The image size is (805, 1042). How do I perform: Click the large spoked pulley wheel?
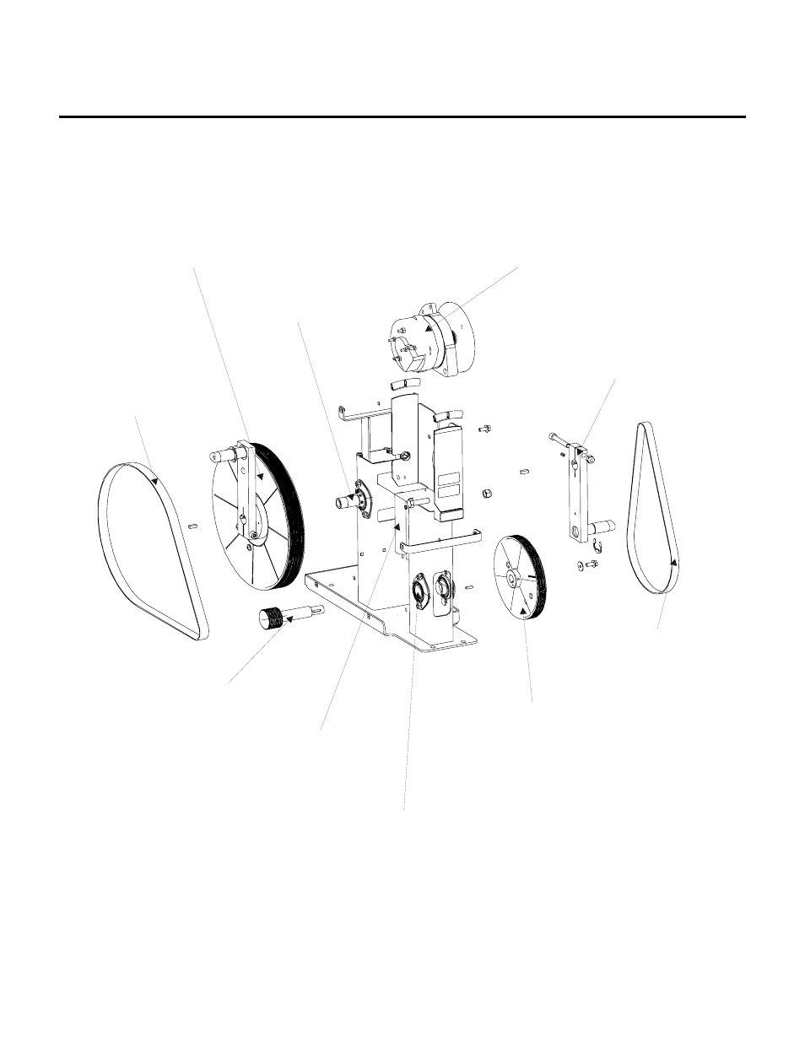[x=253, y=516]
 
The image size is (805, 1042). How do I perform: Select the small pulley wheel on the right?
[x=521, y=577]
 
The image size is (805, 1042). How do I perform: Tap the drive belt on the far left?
[x=153, y=548]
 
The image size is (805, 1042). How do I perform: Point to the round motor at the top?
[x=430, y=337]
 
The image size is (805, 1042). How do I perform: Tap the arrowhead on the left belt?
[x=155, y=481]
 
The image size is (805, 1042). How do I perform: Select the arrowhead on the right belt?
[x=673, y=561]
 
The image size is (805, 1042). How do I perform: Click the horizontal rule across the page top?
[x=402, y=117]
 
